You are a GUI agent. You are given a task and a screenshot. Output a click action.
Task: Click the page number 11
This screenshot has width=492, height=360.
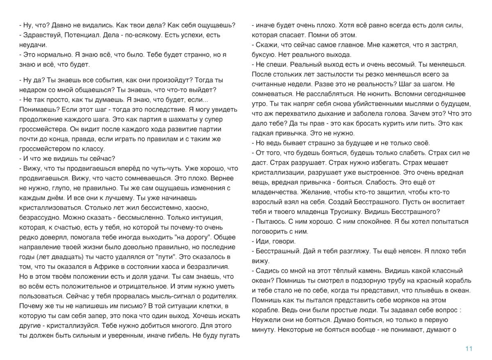(469, 349)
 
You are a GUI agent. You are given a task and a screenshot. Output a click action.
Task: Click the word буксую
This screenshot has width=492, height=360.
(266, 55)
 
